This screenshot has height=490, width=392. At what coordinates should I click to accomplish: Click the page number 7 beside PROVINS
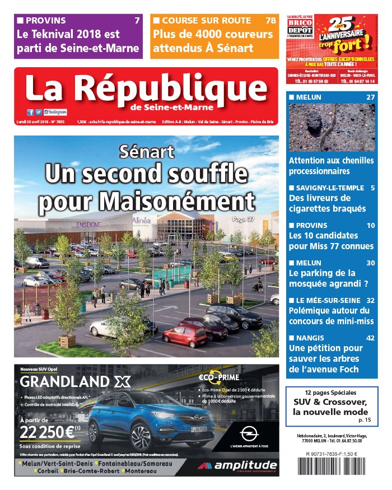137,21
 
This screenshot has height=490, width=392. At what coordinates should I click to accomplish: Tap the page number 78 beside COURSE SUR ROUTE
270,21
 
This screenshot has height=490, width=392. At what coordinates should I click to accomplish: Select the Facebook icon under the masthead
30,112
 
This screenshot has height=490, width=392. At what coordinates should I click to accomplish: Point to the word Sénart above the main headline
147,151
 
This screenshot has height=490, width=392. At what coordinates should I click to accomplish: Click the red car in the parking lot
185,335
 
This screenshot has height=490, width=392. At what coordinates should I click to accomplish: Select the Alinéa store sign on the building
142,221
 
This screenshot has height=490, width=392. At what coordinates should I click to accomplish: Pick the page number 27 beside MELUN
370,97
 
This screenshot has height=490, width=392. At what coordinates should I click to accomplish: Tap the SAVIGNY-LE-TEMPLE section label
330,188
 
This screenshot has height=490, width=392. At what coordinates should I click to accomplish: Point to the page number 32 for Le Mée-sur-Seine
370,300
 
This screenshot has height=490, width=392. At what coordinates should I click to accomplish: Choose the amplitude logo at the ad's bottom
237,466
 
